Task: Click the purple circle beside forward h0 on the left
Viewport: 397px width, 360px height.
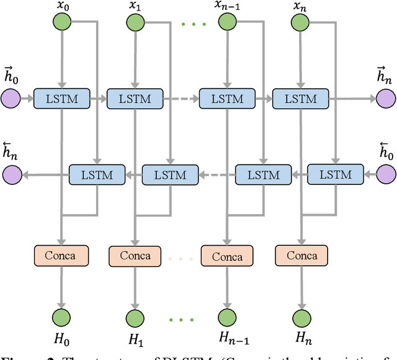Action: tap(11, 98)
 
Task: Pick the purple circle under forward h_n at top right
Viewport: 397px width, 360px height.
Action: tap(385, 98)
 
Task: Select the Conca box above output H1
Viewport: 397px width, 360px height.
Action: tap(135, 256)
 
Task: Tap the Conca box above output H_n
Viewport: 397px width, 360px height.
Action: tap(300, 255)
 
